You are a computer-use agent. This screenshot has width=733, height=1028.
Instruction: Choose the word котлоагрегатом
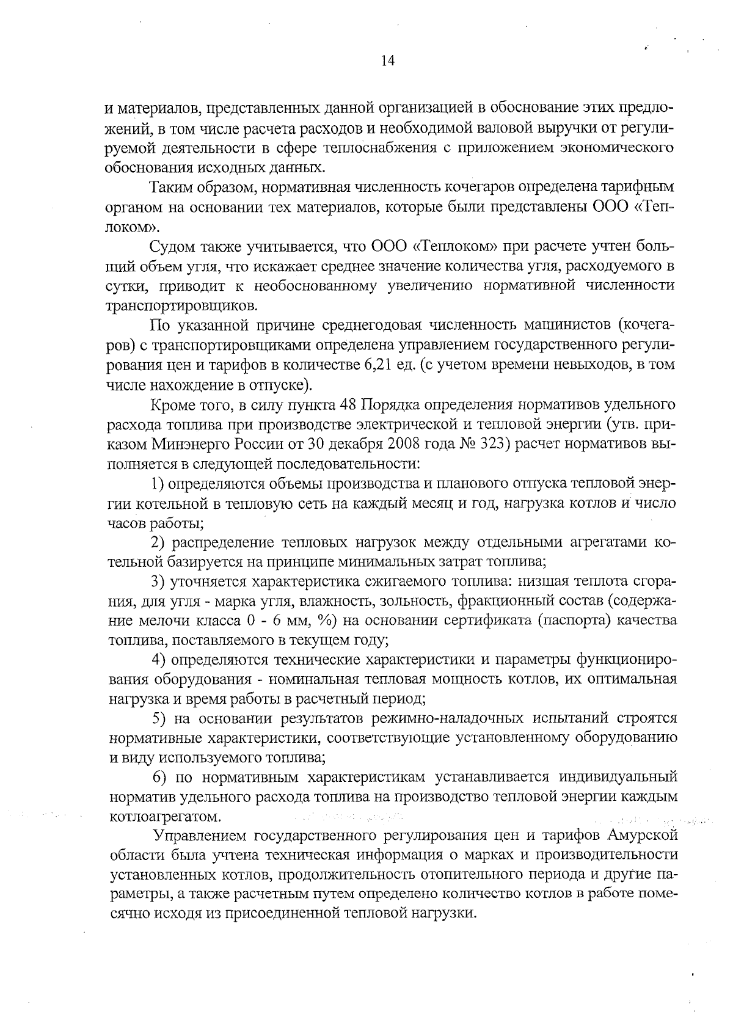click(x=164, y=816)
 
